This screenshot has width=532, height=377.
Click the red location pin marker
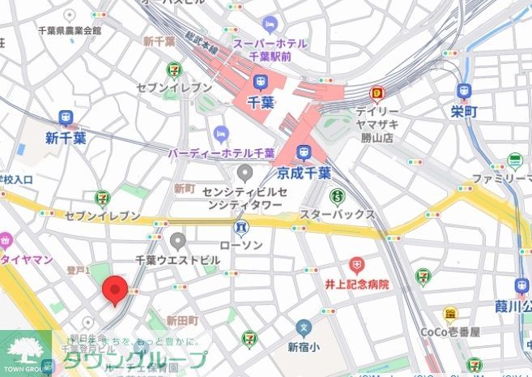click(x=115, y=290)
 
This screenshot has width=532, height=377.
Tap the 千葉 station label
click(x=261, y=101)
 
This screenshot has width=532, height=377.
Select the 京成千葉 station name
click(x=303, y=172)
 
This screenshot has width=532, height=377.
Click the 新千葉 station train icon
click(x=66, y=118)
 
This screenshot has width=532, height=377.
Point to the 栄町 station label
click(x=465, y=110)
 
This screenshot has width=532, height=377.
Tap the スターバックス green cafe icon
click(x=336, y=195)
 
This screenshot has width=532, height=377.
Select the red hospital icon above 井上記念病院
click(x=356, y=264)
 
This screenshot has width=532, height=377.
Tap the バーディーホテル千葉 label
click(x=221, y=152)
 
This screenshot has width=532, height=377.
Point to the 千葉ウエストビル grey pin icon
click(x=178, y=240)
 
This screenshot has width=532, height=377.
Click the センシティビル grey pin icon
click(x=245, y=173)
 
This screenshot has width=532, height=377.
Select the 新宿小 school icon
click(x=304, y=328)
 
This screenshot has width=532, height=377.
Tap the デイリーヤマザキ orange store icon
click(x=376, y=93)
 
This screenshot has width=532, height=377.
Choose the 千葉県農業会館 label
click(x=70, y=30)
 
